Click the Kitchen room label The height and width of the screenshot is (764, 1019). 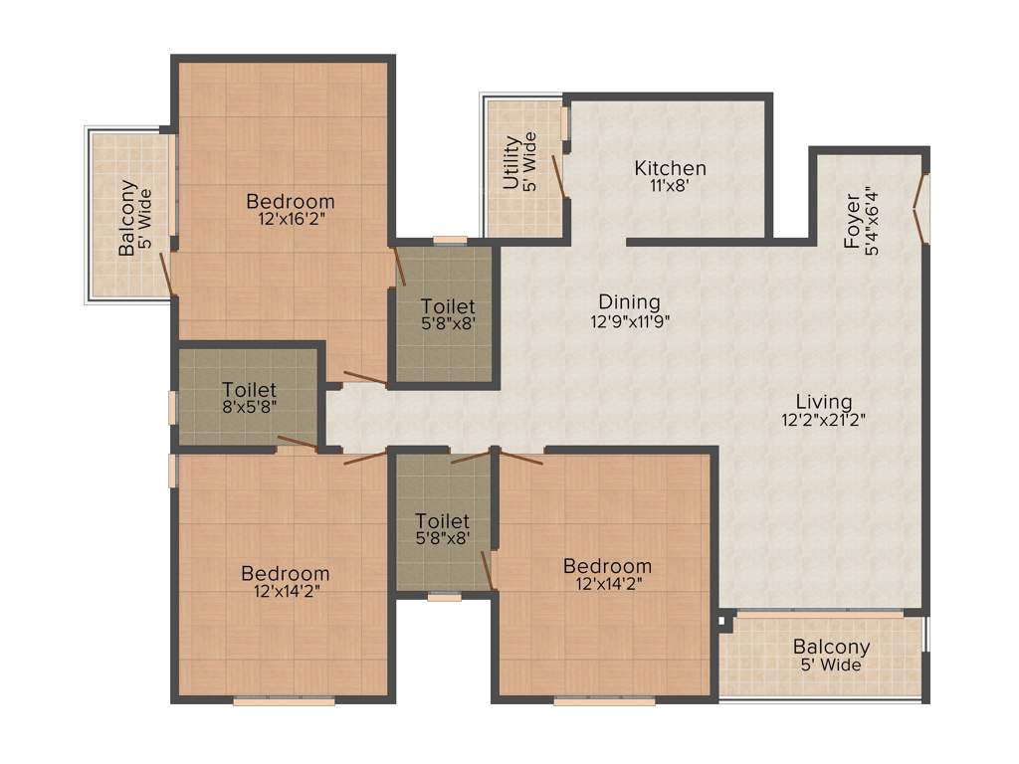[x=671, y=168]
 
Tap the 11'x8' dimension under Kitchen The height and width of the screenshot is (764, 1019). [x=671, y=186]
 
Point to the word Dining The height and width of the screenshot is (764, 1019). [x=629, y=301]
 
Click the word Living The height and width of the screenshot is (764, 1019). [x=824, y=401]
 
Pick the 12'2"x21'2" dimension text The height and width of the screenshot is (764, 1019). [x=824, y=420]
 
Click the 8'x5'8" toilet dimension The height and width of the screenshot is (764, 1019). [x=250, y=408]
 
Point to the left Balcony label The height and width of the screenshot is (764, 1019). [x=127, y=218]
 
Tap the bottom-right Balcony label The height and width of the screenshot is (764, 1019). [x=831, y=647]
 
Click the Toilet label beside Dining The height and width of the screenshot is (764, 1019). [x=448, y=306]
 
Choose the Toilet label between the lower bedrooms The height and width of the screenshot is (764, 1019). [x=443, y=521]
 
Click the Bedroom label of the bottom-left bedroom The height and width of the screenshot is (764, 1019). [x=286, y=574]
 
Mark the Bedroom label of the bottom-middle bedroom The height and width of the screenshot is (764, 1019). [x=607, y=566]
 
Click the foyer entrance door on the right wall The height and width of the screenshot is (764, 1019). [x=922, y=208]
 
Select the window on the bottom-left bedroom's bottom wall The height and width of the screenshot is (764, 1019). [x=284, y=701]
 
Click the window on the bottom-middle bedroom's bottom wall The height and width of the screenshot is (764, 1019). [x=604, y=701]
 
